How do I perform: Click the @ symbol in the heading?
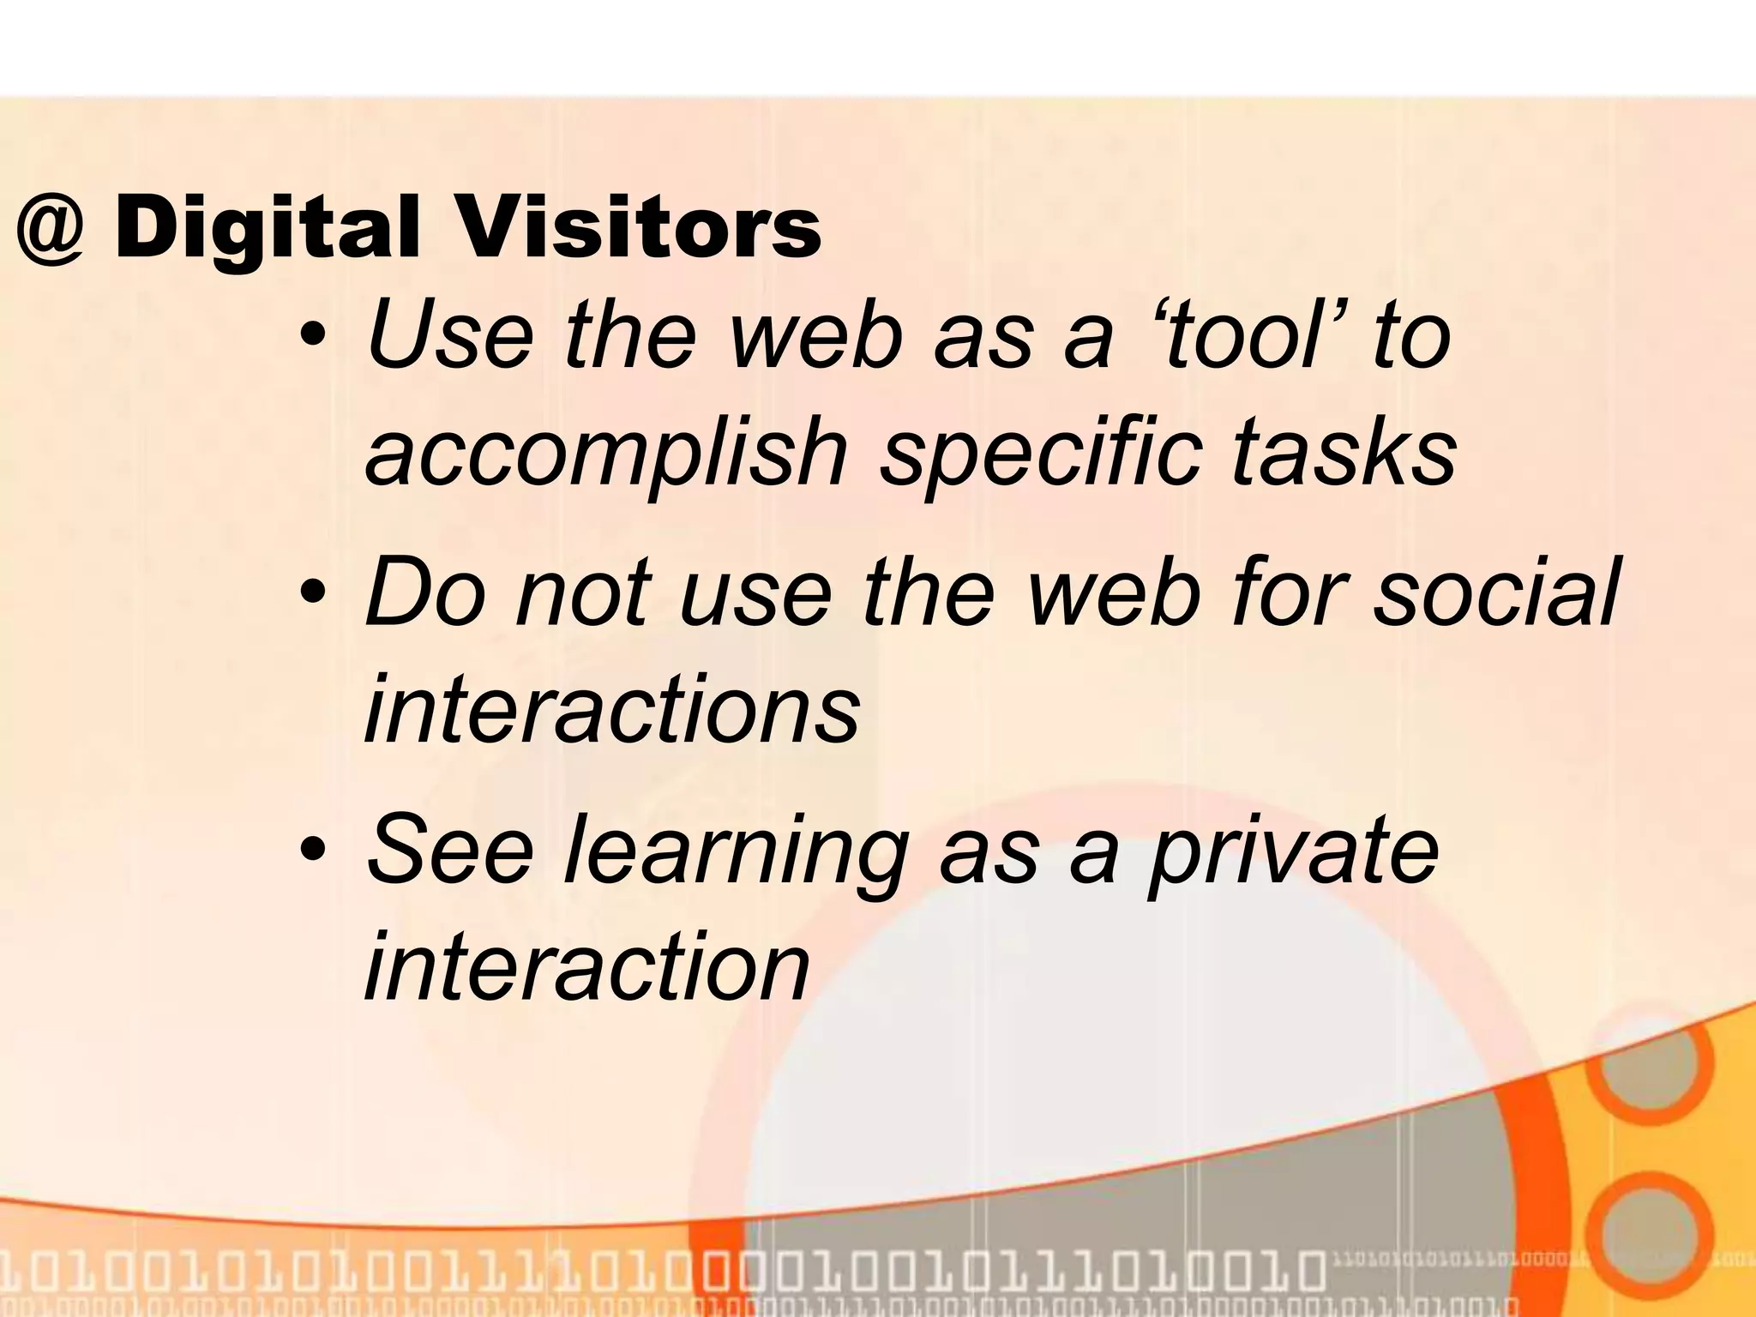pos(51,230)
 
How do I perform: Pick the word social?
pos(1495,592)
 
